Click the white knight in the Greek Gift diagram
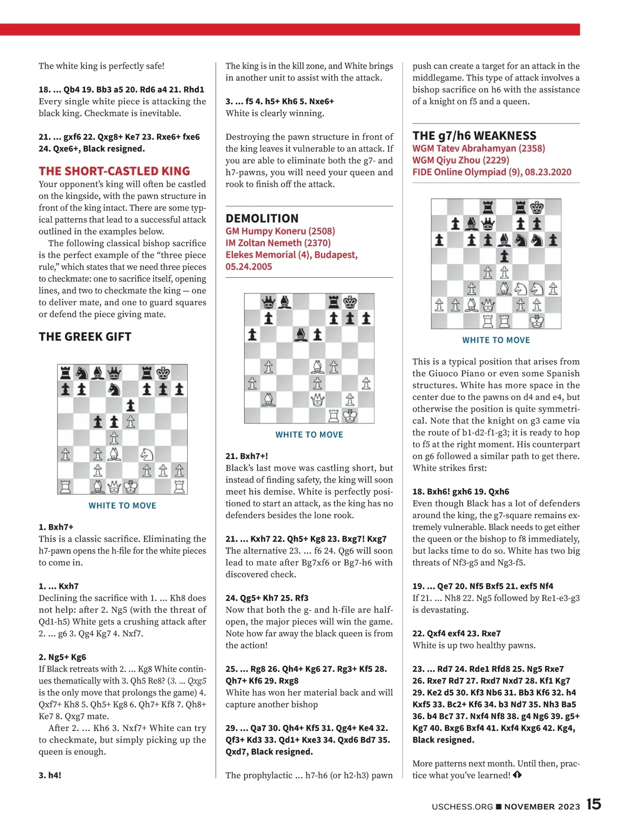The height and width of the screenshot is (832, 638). (147, 454)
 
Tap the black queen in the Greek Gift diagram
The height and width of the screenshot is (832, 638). (114, 372)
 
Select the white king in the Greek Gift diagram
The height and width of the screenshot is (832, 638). (131, 486)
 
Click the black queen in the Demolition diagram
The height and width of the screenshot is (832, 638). (268, 302)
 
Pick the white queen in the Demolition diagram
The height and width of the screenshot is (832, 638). (317, 400)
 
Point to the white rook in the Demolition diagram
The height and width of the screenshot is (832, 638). (334, 415)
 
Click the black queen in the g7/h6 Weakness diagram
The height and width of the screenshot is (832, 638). (488, 223)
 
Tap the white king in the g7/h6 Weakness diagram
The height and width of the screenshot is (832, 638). (537, 321)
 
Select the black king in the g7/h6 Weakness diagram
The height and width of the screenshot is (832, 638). (537, 207)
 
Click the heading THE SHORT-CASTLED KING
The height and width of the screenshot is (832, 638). (114, 171)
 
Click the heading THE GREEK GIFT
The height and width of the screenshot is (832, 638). (85, 337)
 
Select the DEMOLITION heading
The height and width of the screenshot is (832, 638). (262, 219)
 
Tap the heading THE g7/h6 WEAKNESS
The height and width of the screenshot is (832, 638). (474, 136)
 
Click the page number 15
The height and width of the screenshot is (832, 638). (594, 804)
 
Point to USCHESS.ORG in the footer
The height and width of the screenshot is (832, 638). (462, 806)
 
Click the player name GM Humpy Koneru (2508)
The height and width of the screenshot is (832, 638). (280, 231)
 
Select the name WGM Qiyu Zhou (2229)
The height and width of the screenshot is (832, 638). (460, 160)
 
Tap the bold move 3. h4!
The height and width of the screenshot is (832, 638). (50, 775)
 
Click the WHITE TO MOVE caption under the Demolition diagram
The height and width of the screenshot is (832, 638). (309, 435)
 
